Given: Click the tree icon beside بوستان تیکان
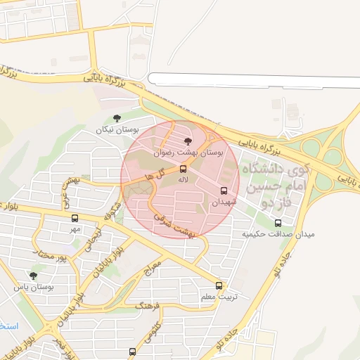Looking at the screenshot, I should (117, 119).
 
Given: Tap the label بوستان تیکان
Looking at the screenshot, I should (118, 130).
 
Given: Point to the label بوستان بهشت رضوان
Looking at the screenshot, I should (188, 152).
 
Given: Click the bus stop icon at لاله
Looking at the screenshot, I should (184, 169).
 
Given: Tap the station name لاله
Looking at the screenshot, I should (184, 181).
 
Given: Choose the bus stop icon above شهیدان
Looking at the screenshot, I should (224, 191).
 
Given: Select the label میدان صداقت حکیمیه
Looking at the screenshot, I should (278, 233).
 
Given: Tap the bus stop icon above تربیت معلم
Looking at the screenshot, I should (219, 286).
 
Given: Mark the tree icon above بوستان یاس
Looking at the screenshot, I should (33, 276).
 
